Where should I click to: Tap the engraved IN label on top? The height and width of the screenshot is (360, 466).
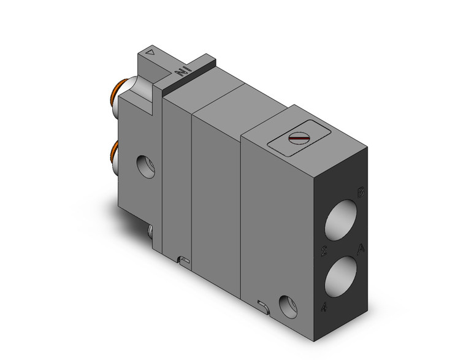point(181,72)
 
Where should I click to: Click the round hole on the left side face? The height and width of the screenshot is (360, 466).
point(146,167)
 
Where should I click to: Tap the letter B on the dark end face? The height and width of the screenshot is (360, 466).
point(362,193)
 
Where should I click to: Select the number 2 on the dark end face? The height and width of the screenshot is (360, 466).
point(323,251)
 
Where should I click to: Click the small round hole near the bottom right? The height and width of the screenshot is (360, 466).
point(286,305)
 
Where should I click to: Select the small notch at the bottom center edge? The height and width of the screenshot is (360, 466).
point(183,261)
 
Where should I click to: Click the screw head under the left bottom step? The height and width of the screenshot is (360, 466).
point(151,231)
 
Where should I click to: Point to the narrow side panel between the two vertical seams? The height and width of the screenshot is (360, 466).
point(177,178)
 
